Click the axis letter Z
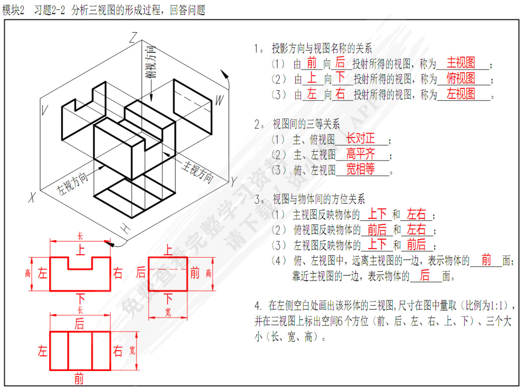[x=134, y=37]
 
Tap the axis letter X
[x=32, y=197]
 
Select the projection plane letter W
[x=219, y=100]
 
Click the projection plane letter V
[x=44, y=110]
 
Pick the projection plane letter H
[x=126, y=228]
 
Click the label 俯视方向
[x=151, y=62]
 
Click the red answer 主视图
[x=461, y=63]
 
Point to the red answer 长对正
[x=360, y=138]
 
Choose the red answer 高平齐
[x=360, y=154]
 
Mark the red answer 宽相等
[x=360, y=169]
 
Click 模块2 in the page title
[x=13, y=10]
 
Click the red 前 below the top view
[x=79, y=379]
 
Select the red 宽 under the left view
[x=168, y=312]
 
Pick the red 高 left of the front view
[x=28, y=273]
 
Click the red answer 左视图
[x=461, y=94]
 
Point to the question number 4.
[x=257, y=306]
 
